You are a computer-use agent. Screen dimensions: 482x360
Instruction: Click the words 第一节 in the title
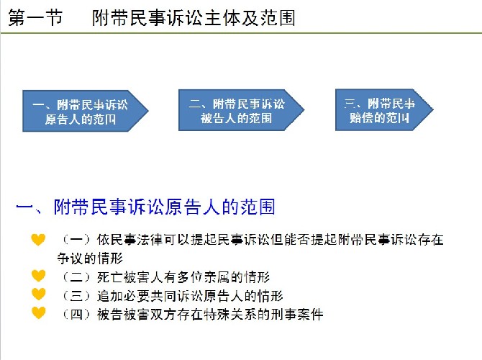click(35, 17)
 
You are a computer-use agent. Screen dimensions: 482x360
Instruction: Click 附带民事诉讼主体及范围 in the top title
click(194, 18)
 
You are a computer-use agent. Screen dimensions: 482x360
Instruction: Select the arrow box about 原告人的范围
click(86, 111)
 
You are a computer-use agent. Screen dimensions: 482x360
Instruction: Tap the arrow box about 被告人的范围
click(241, 110)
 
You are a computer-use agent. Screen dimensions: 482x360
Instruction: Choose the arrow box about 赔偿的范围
click(384, 110)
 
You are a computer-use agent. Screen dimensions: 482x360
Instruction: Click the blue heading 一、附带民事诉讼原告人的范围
click(145, 207)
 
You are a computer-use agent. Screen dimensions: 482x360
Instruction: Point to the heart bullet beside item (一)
click(38, 240)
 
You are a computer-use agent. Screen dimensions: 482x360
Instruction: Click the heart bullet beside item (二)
click(38, 276)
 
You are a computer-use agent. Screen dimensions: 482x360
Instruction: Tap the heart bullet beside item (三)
click(38, 294)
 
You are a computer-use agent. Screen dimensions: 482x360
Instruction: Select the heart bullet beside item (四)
click(38, 313)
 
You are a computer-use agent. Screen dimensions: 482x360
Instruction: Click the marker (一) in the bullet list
click(76, 240)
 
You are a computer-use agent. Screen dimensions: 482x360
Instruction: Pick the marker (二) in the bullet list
click(76, 277)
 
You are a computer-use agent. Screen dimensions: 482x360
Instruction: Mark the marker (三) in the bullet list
click(76, 296)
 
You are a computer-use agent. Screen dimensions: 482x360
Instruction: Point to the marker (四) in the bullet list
click(76, 315)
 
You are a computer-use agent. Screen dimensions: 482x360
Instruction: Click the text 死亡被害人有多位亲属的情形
click(183, 277)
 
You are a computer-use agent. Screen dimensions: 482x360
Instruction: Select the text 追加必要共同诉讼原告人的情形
click(190, 296)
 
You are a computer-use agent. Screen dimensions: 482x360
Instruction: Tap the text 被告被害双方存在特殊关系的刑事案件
click(210, 315)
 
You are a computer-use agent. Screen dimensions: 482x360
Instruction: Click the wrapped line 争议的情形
click(90, 258)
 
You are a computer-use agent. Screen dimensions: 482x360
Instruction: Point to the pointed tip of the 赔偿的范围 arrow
click(433, 109)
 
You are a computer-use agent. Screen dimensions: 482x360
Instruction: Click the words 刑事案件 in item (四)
click(297, 315)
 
